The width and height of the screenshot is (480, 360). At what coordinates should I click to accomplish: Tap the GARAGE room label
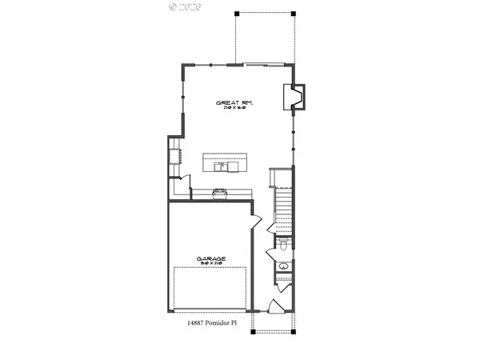pos(211,258)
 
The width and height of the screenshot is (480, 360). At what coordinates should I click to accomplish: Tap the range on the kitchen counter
pos(220,192)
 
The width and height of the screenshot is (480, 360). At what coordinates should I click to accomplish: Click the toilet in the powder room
pos(284,242)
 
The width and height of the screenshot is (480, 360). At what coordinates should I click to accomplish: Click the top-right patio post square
pos(292,14)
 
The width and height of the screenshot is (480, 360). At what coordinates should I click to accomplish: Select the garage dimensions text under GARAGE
pos(211,265)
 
